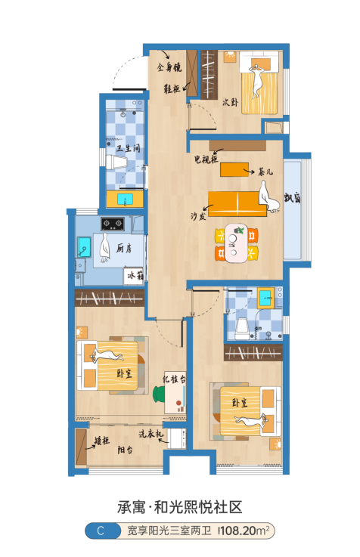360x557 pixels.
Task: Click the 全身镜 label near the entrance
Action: (169, 67)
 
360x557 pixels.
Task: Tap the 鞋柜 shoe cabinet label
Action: (172, 88)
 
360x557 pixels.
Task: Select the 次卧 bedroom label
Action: (230, 102)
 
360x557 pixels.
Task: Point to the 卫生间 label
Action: (129, 148)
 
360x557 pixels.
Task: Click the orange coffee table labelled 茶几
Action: (234, 170)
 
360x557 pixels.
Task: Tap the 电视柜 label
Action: (206, 159)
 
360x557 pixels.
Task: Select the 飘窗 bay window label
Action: (292, 197)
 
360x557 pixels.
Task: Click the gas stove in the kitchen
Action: (113, 224)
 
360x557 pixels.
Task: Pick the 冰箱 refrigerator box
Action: (134, 276)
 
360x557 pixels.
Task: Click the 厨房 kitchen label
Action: (124, 249)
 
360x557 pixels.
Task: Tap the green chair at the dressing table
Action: (159, 395)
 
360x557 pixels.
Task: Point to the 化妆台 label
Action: (174, 379)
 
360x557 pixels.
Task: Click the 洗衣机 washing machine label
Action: (151, 433)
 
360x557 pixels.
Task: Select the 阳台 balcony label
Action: (125, 450)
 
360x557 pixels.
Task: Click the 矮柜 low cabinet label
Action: (102, 441)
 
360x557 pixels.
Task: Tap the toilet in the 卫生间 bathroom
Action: (116, 162)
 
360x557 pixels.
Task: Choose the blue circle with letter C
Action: (101, 531)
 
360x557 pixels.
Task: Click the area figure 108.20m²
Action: (245, 531)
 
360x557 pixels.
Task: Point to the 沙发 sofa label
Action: (198, 216)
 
